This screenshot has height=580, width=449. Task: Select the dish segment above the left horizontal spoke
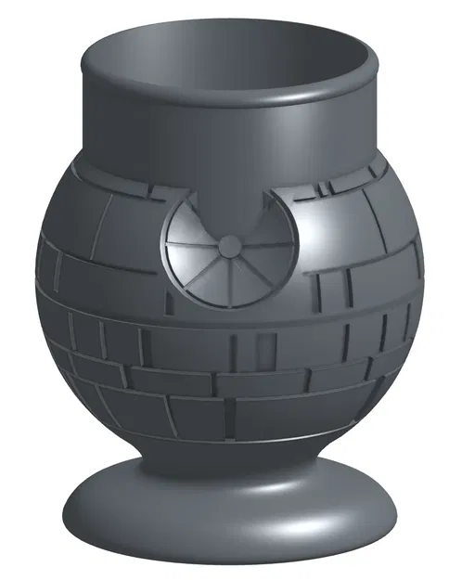pos(190,223)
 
